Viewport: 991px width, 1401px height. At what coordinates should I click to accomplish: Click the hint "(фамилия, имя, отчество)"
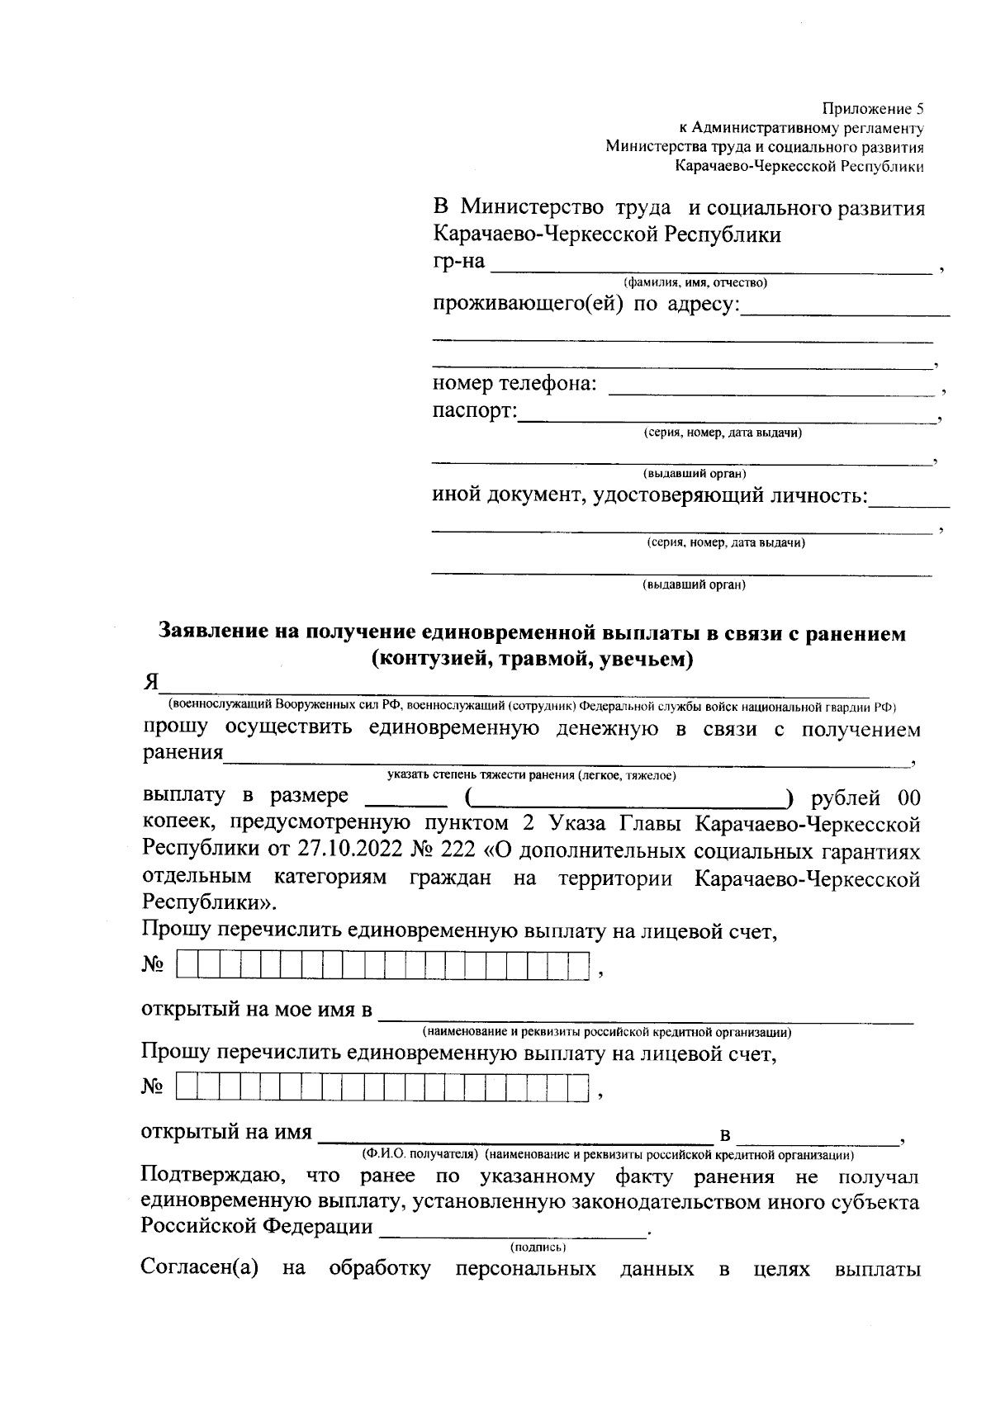(695, 283)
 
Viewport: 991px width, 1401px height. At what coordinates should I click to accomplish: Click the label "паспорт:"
(475, 411)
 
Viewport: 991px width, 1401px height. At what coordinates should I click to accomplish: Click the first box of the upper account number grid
(187, 965)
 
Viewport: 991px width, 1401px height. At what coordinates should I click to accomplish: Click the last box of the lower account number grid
(579, 1087)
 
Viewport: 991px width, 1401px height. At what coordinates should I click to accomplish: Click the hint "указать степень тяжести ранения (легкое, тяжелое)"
(532, 775)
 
